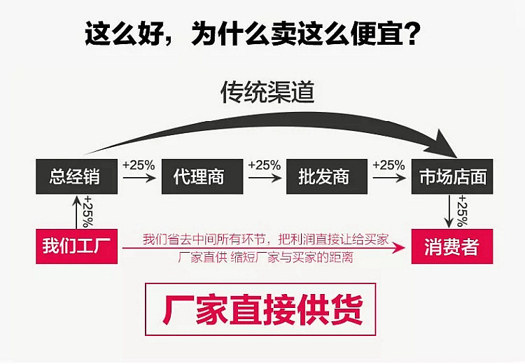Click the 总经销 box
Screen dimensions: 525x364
pos(74,176)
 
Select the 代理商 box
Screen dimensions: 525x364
pos(199,176)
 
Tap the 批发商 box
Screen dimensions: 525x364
pos(324,176)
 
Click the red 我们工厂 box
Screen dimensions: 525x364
pos(75,246)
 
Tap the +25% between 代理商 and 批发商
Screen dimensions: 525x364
pos(264,165)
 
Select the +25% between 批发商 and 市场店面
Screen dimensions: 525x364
pos(388,165)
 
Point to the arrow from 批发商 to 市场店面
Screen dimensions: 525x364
pos(388,178)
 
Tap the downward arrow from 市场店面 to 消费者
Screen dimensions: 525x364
pos(450,211)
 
